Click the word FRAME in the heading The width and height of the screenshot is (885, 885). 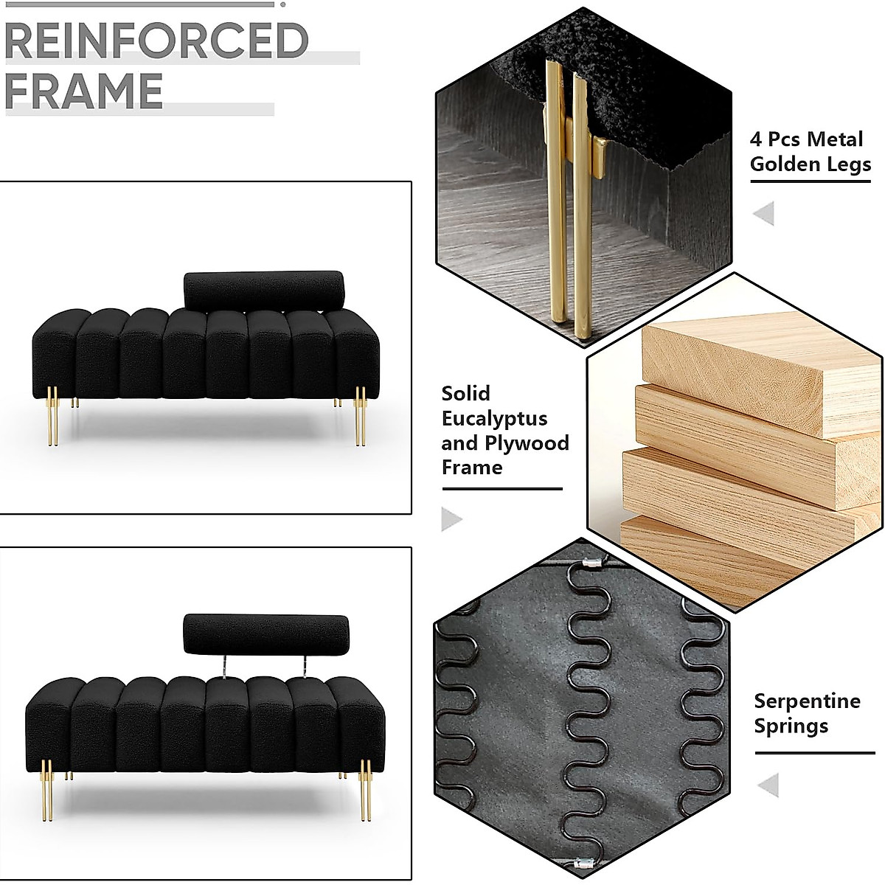83,91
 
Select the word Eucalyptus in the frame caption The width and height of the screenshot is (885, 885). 494,418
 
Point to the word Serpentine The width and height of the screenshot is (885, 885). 807,701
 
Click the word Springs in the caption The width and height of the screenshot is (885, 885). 791,726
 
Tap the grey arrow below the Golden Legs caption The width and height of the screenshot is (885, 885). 763,214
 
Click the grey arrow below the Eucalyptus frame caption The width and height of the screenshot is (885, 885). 451,519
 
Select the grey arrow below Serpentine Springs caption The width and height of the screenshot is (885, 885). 768,785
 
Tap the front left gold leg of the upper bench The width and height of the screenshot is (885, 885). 53,416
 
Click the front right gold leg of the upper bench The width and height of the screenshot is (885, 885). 360,416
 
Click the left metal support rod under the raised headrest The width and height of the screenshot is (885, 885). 223,664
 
